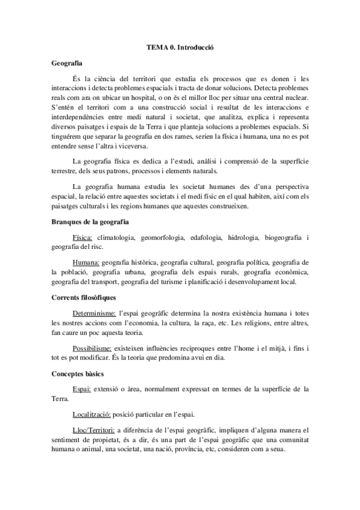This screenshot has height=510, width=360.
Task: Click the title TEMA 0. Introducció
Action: pos(180,46)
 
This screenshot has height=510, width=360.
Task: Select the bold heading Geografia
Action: pos(67,63)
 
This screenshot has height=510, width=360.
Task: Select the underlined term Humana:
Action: pos(85,262)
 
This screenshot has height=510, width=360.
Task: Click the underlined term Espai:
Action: pos(81,389)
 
